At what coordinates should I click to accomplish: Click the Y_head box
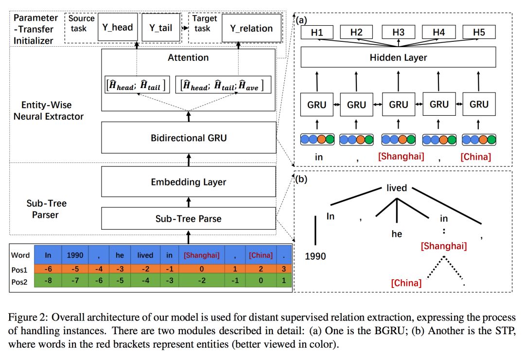(x=117, y=28)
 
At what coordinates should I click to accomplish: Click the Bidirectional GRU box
(x=189, y=138)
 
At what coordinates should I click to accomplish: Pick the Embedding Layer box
(x=189, y=182)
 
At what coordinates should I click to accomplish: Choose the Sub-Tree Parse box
(x=189, y=218)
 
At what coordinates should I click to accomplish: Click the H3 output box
(x=398, y=33)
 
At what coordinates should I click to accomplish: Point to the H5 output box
(x=479, y=33)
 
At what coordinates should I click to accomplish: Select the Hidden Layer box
(x=398, y=57)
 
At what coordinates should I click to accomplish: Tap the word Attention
(x=189, y=57)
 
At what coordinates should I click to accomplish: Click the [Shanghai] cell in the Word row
(x=201, y=255)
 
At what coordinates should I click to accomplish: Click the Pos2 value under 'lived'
(x=145, y=281)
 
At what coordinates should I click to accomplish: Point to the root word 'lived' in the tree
(x=396, y=188)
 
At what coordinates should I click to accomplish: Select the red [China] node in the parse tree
(x=406, y=282)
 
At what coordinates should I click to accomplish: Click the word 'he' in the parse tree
(x=397, y=234)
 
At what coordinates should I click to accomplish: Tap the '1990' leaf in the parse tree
(x=315, y=256)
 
